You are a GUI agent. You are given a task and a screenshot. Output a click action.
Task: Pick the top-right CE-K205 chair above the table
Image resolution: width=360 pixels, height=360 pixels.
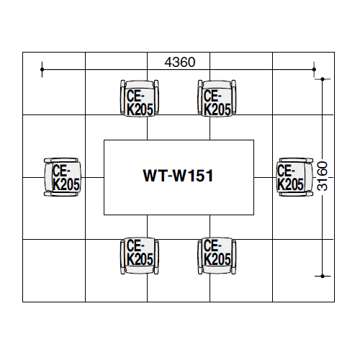[x=217, y=97]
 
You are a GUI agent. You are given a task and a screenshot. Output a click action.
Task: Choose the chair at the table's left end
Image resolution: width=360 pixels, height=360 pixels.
[x=63, y=176]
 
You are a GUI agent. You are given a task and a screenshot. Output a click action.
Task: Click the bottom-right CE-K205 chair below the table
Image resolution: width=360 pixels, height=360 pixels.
[x=217, y=254]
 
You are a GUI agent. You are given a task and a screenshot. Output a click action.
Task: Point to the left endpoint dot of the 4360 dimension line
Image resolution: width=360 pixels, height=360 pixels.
[x=43, y=70]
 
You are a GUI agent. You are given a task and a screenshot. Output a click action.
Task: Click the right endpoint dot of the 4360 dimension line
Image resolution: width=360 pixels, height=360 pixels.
[x=314, y=70]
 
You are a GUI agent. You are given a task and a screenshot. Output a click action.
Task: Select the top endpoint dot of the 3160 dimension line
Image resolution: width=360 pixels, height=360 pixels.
[x=323, y=79]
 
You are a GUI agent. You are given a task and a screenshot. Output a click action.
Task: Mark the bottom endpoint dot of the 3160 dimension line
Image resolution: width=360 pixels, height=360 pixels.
[x=323, y=274]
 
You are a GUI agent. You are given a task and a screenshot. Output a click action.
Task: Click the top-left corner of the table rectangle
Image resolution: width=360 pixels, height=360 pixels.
[x=104, y=140]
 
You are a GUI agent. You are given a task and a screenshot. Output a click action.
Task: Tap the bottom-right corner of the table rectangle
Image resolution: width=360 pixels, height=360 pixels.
[x=254, y=215]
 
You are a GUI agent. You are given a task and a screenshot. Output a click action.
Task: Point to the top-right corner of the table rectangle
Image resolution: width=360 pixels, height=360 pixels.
[x=254, y=140]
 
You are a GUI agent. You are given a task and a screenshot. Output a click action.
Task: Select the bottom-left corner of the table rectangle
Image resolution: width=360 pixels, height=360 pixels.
[x=104, y=215]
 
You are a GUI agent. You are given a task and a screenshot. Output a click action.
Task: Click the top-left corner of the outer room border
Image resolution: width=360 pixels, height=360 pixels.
[x=23, y=52]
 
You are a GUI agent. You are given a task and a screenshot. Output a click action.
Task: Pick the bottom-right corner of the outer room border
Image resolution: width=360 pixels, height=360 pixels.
[x=336, y=302]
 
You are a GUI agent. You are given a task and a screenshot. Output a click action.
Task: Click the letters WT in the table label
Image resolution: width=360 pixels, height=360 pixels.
[x=153, y=175]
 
